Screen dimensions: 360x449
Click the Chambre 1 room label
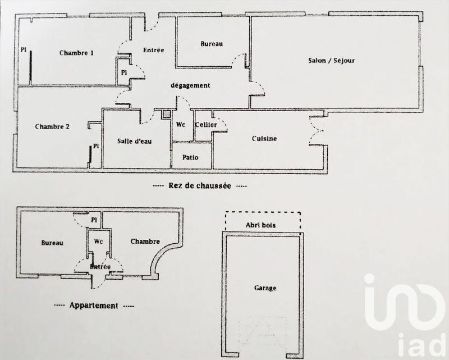(x=76, y=53)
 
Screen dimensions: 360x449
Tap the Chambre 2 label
(x=52, y=126)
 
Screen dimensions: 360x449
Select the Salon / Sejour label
(x=331, y=61)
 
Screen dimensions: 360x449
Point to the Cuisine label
(x=264, y=139)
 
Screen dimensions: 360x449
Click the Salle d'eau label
(x=134, y=142)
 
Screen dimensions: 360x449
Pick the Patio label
(x=190, y=158)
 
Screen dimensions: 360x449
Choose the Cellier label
(x=206, y=125)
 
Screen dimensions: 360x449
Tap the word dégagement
(x=190, y=85)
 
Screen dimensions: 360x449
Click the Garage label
(x=264, y=288)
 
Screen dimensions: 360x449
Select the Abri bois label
(x=263, y=226)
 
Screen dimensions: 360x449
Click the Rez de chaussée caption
(x=200, y=185)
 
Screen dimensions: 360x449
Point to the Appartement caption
(x=94, y=306)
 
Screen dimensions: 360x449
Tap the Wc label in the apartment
(x=99, y=242)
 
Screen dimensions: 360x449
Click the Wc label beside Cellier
(x=181, y=125)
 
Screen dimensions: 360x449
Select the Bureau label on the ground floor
(x=212, y=43)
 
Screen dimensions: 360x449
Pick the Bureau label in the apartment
(x=52, y=243)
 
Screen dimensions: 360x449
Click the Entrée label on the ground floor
(x=153, y=50)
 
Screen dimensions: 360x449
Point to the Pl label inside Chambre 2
(x=96, y=146)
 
